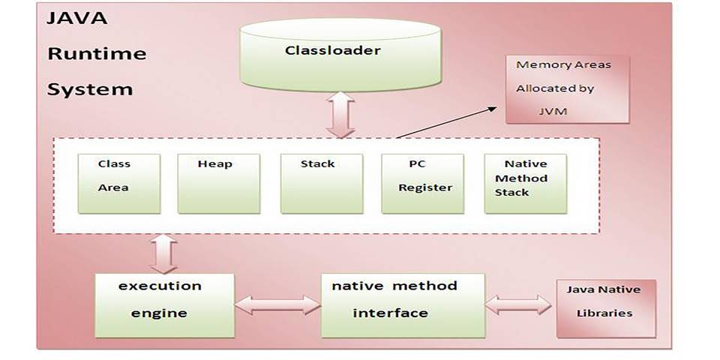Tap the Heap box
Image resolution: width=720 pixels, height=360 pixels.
218,183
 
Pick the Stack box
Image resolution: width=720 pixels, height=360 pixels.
321,183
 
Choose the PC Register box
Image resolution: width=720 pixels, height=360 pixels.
423,183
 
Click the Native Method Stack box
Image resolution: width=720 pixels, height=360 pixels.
525,183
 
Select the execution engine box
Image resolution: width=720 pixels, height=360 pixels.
165,304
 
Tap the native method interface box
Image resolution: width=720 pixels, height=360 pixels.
403,304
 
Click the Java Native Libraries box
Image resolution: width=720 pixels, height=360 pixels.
606,308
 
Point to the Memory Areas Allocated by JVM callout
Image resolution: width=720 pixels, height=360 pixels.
568,88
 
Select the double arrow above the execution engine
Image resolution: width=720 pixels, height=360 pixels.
163,254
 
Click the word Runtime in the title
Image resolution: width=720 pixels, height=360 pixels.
97,54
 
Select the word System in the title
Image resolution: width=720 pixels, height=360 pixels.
90,89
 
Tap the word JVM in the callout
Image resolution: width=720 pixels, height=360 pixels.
553,111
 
